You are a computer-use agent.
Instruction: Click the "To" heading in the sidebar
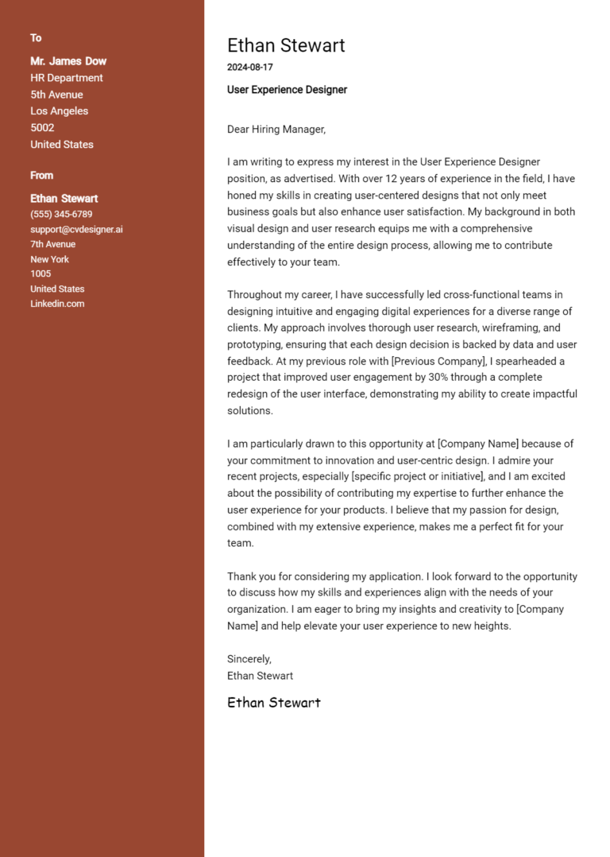36,38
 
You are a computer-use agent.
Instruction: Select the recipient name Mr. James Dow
68,61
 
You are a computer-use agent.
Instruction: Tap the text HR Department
67,78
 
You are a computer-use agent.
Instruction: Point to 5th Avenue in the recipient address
56,95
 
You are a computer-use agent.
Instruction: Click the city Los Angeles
60,111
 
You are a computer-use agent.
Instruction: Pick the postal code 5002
42,128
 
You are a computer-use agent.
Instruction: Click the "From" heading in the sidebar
42,176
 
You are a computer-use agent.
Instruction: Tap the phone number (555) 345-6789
61,215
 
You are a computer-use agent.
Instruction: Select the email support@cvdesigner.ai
76,230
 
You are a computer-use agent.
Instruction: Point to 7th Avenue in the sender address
53,244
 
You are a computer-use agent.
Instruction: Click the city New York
50,259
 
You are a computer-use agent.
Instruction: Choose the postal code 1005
41,274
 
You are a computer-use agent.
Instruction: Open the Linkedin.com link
57,304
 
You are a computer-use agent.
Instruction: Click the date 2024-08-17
249,68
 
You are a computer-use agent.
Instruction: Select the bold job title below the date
287,90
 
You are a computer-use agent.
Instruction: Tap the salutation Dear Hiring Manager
276,129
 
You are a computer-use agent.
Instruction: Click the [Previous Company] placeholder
438,361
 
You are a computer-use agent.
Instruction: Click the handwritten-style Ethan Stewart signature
274,703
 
